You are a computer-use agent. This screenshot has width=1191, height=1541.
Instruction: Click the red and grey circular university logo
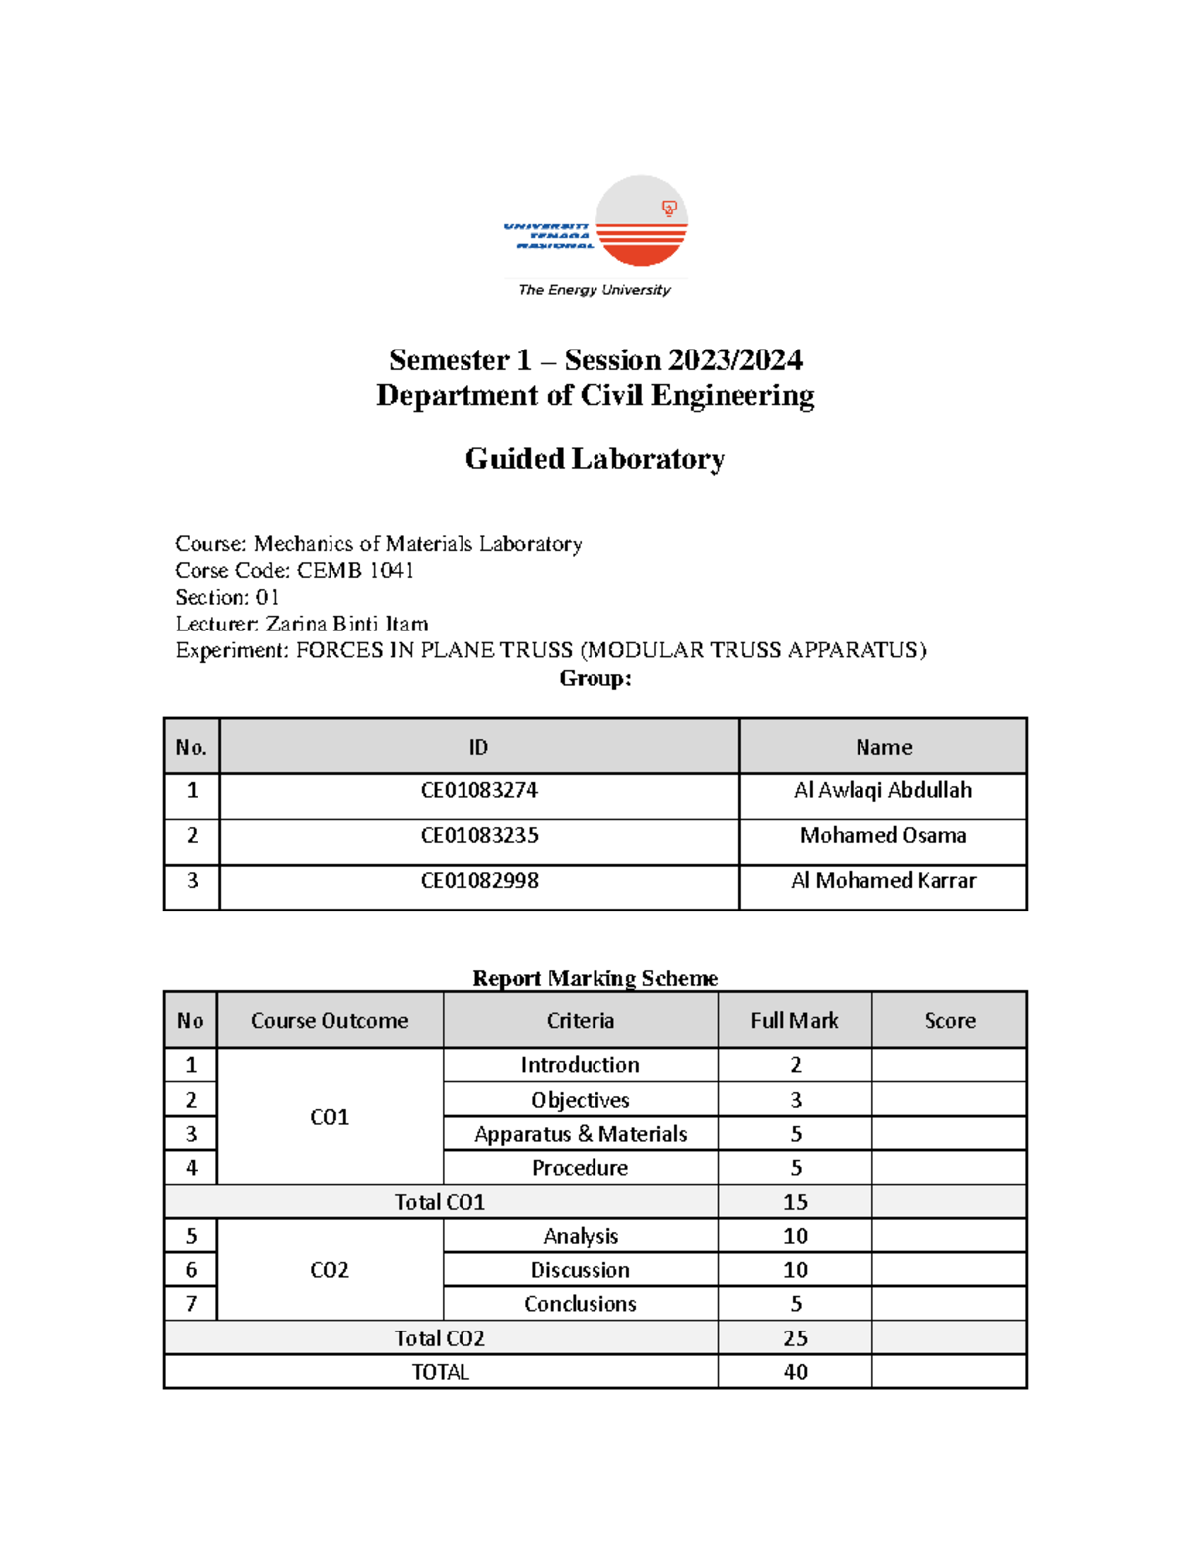pyautogui.click(x=641, y=221)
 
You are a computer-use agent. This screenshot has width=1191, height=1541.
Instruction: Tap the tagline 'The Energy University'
pyautogui.click(x=594, y=290)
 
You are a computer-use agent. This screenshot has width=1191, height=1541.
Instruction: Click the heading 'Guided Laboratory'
pyautogui.click(x=595, y=459)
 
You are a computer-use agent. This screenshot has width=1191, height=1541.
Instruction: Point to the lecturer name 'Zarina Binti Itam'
pyautogui.click(x=346, y=624)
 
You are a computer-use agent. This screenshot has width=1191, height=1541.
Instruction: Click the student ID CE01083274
pyautogui.click(x=478, y=790)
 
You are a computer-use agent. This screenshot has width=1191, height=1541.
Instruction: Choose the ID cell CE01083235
pyautogui.click(x=478, y=835)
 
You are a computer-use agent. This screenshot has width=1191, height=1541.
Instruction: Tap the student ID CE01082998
pyautogui.click(x=478, y=880)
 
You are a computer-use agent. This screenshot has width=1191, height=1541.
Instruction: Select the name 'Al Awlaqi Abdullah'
pyautogui.click(x=882, y=790)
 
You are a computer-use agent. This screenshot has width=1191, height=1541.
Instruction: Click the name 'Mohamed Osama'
pyautogui.click(x=882, y=835)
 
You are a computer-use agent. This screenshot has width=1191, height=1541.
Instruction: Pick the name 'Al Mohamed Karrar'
pyautogui.click(x=882, y=880)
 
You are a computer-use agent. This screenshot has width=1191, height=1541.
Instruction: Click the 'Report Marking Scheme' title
pyautogui.click(x=595, y=978)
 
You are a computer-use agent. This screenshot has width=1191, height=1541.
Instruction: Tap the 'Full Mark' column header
pyautogui.click(x=794, y=1020)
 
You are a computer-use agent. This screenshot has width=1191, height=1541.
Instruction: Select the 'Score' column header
pyautogui.click(x=949, y=1020)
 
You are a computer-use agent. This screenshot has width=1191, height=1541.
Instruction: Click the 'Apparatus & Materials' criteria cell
pyautogui.click(x=580, y=1134)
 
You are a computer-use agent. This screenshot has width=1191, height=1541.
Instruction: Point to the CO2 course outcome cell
pyautogui.click(x=330, y=1270)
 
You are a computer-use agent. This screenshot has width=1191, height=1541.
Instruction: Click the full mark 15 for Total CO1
pyautogui.click(x=795, y=1202)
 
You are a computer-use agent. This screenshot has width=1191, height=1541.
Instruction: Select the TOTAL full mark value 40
pyautogui.click(x=795, y=1372)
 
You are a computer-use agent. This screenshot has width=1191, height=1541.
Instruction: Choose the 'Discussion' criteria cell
pyautogui.click(x=580, y=1270)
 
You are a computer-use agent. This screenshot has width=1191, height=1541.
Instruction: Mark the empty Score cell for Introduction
pyautogui.click(x=949, y=1065)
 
